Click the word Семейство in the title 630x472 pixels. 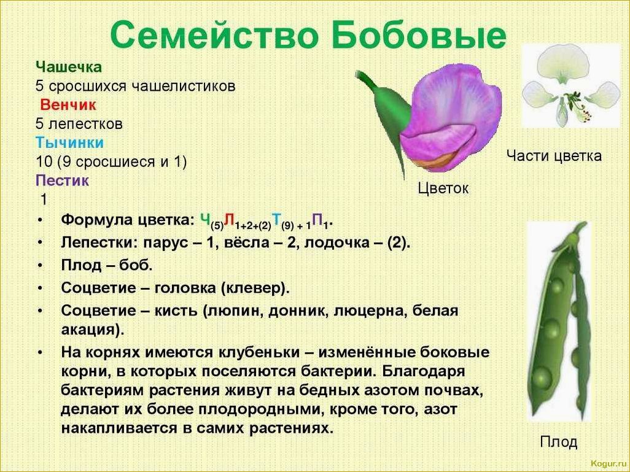point(214,35)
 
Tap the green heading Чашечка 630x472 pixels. point(69,67)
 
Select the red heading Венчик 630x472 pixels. point(68,104)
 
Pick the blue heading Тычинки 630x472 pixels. point(69,142)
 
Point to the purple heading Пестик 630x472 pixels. point(62,180)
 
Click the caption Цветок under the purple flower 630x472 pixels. point(443,188)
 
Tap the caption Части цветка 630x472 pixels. point(554,155)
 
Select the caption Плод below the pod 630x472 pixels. point(559,441)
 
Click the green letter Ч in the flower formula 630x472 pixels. point(205,219)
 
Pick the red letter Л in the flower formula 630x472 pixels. point(230,219)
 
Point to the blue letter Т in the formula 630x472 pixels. point(276,219)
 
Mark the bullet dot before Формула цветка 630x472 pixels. point(40,220)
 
